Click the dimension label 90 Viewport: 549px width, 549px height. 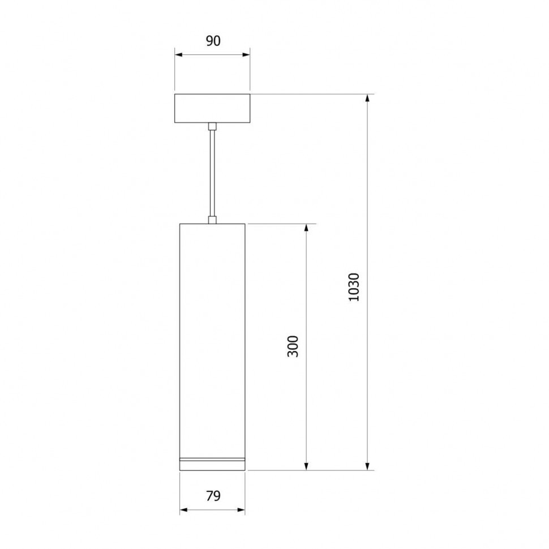coord(213,41)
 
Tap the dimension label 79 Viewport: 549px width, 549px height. coord(213,496)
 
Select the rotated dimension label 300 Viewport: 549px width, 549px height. coord(293,346)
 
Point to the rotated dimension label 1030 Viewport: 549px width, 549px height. coord(354,287)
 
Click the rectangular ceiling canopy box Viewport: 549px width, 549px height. coord(212,108)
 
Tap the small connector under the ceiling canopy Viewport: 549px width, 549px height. coord(212,126)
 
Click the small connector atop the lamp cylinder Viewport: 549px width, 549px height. coord(212,220)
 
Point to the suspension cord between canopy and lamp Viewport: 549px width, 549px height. coord(212,173)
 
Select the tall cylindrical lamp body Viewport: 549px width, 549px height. coord(212,347)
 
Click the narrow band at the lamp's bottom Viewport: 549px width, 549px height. coord(212,460)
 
